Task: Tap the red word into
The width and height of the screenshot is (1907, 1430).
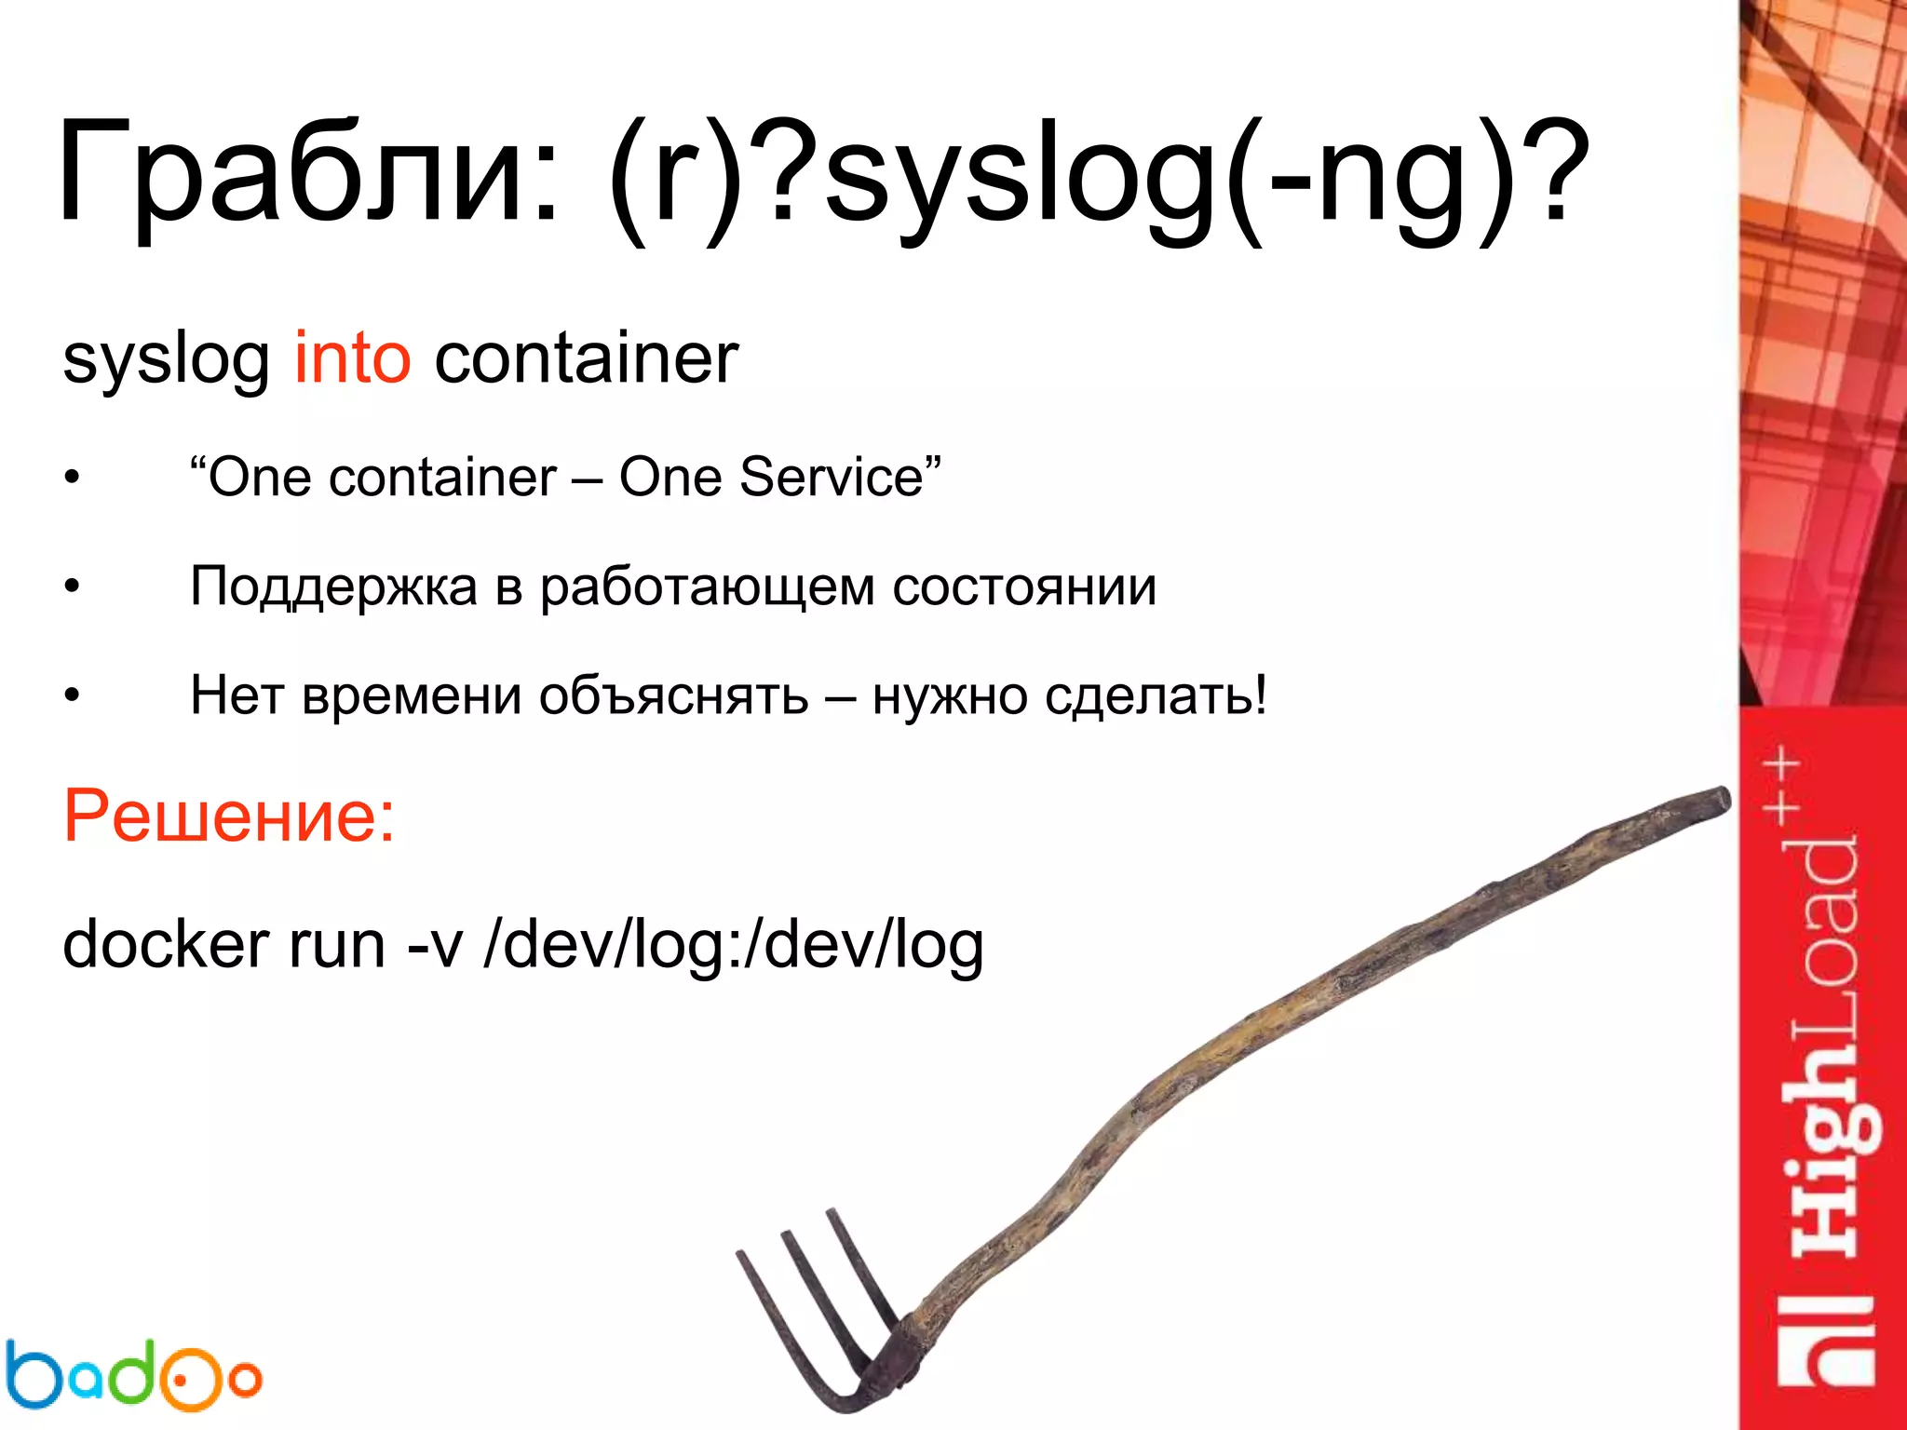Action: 352,358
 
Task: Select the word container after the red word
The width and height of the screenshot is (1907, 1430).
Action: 586,358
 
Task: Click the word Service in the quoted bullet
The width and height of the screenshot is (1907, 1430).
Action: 831,478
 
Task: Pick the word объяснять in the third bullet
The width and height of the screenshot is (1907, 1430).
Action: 673,696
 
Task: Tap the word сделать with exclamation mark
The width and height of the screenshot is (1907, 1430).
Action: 1155,696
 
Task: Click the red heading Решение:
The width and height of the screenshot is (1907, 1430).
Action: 229,816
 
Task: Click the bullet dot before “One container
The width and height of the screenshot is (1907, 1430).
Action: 73,479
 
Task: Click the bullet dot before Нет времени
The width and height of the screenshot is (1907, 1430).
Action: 73,697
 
